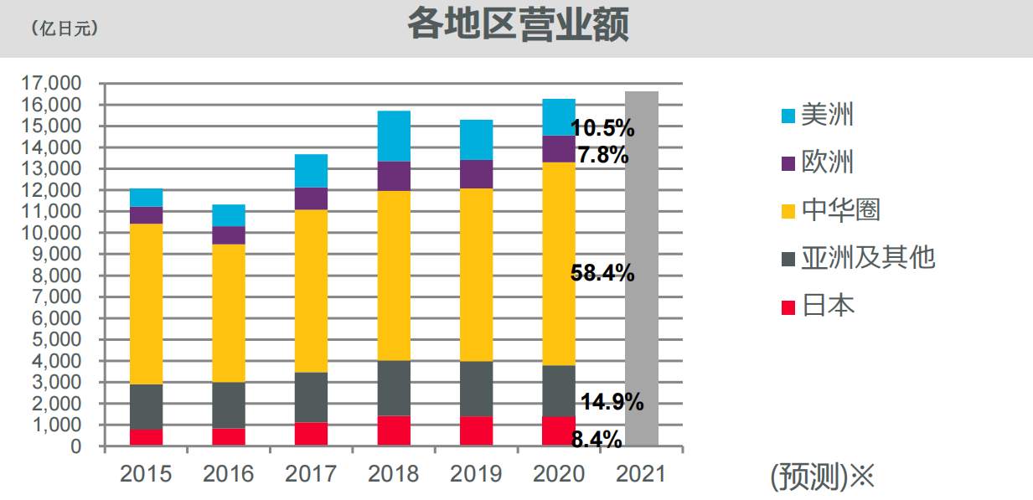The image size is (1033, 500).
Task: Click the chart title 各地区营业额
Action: [x=518, y=26]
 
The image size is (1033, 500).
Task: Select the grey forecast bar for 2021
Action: [x=641, y=268]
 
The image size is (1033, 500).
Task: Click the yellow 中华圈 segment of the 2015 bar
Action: [x=146, y=303]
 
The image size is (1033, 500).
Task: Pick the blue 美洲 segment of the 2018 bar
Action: [x=393, y=136]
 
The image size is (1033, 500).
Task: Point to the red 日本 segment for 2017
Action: [x=311, y=434]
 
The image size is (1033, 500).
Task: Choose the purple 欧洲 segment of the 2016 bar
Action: [x=229, y=235]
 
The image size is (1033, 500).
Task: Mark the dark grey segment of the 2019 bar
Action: [x=475, y=389]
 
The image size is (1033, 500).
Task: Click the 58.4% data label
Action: [x=602, y=273]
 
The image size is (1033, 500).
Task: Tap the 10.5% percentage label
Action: [x=602, y=128]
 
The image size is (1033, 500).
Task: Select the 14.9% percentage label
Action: [x=612, y=402]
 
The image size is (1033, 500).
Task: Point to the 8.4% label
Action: [x=597, y=439]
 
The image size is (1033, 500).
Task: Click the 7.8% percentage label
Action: [x=602, y=155]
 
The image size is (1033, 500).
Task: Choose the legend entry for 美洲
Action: [x=817, y=115]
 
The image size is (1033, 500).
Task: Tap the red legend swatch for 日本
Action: [x=788, y=307]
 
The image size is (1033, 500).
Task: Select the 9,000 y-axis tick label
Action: [x=58, y=254]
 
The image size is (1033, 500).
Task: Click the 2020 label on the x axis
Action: [x=558, y=473]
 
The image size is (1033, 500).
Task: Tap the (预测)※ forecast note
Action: [x=821, y=477]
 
